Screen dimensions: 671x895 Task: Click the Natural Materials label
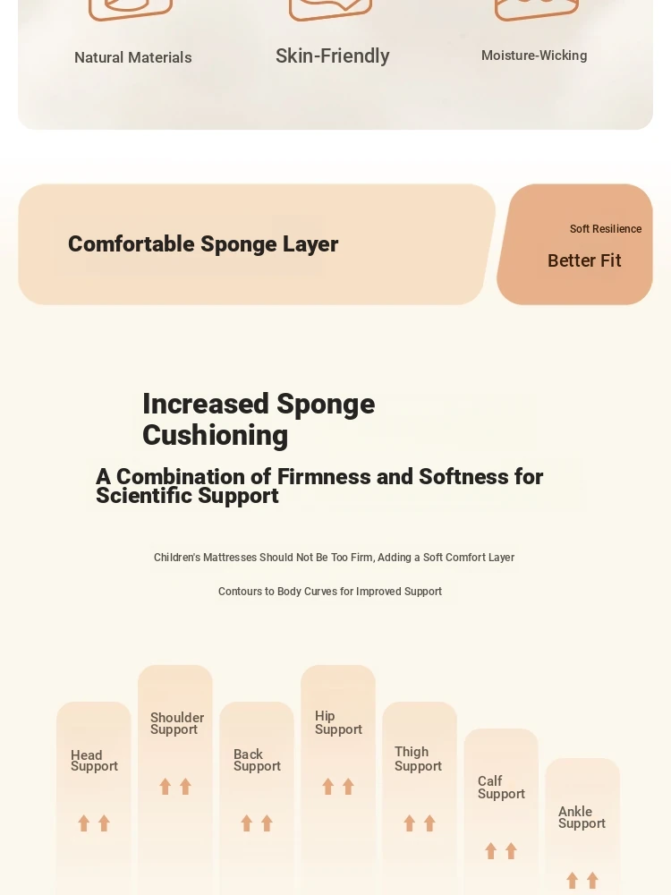point(133,57)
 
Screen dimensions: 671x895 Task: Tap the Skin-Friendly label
point(333,55)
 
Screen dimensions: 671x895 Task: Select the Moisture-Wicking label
point(534,55)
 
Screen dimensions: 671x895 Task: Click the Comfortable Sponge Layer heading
point(203,244)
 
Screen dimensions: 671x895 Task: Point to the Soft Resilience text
point(606,229)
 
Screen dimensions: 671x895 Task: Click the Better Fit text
point(584,260)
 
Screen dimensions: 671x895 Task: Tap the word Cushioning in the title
point(215,436)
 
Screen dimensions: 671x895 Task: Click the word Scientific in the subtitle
point(143,496)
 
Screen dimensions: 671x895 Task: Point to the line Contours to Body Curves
point(330,592)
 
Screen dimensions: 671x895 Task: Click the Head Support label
point(94,761)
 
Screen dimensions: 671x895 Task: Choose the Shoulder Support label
point(177,724)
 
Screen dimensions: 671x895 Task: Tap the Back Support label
point(257,760)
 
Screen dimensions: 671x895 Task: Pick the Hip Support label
point(338,722)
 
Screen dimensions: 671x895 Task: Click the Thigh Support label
point(418,759)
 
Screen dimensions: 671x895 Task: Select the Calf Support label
point(501,788)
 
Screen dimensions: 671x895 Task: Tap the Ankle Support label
point(582,817)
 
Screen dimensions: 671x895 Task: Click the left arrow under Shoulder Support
point(165,787)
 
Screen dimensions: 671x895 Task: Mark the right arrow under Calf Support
point(511,851)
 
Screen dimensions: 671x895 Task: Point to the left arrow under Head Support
point(84,823)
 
